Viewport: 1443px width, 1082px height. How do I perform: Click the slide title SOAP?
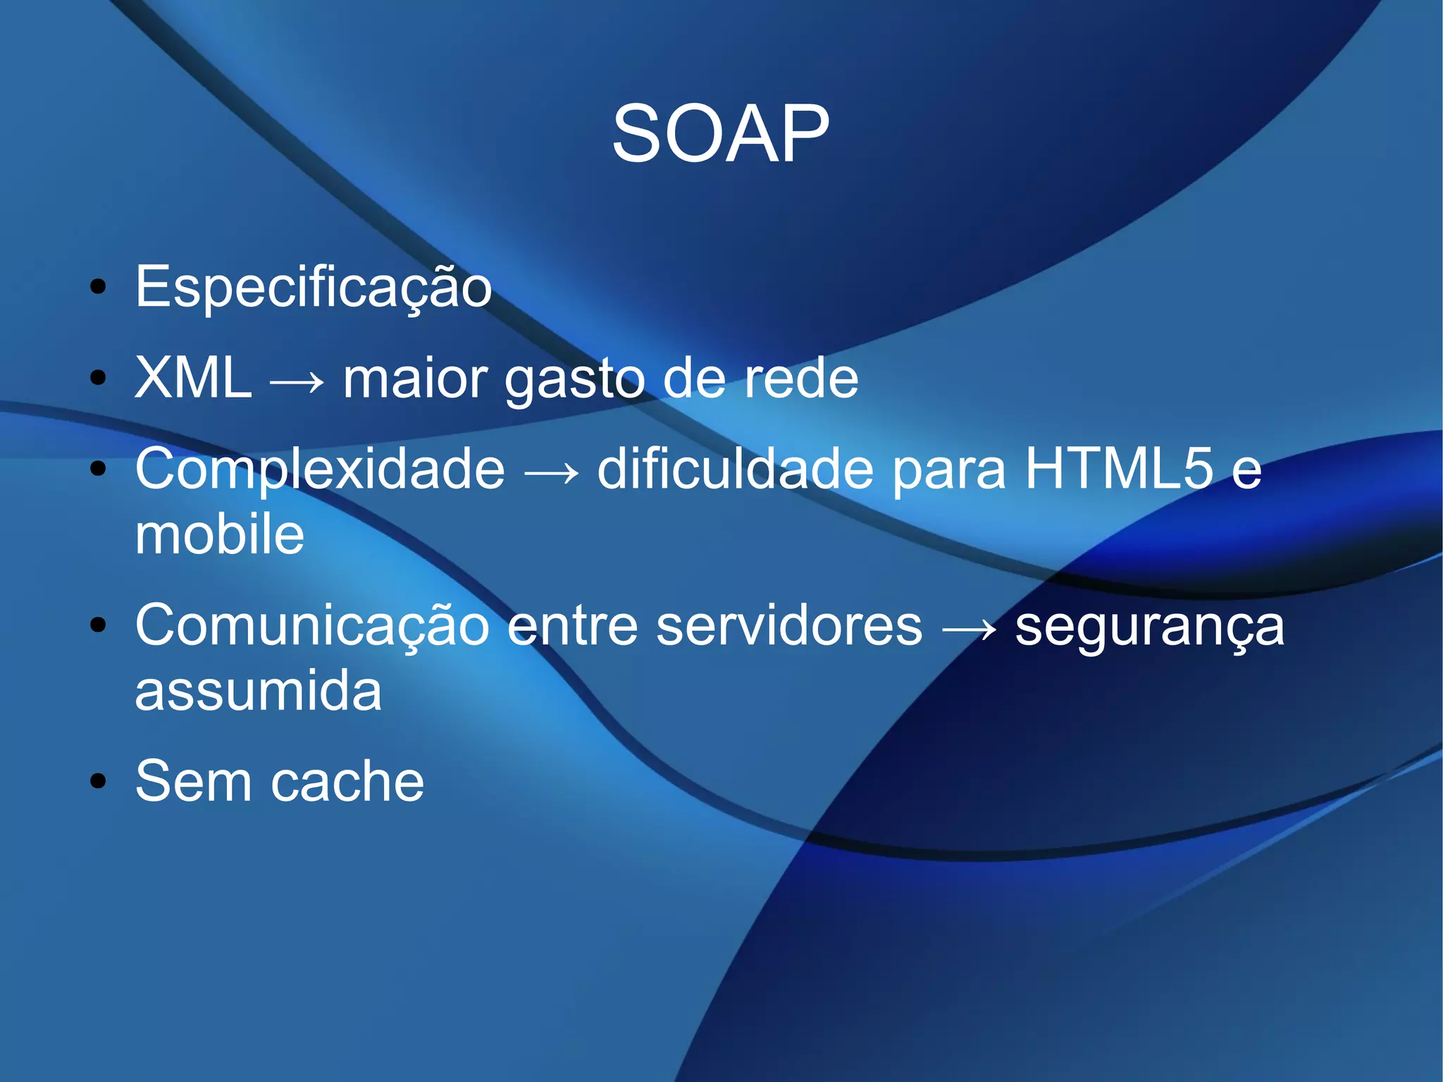tap(720, 134)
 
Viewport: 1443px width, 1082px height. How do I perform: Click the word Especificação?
tap(314, 288)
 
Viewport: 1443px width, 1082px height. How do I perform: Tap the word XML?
tap(193, 378)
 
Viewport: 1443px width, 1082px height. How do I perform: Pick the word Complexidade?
tap(320, 469)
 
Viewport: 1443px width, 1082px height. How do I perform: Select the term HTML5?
tap(1119, 468)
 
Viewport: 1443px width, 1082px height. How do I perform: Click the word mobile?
tap(220, 534)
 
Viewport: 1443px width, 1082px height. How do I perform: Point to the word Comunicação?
tap(312, 626)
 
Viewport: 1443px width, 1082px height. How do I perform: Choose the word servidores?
tap(788, 626)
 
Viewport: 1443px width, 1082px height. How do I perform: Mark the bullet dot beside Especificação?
tap(99, 287)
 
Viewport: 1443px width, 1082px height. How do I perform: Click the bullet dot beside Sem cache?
tap(99, 781)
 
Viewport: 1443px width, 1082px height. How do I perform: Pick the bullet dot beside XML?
tap(99, 378)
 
